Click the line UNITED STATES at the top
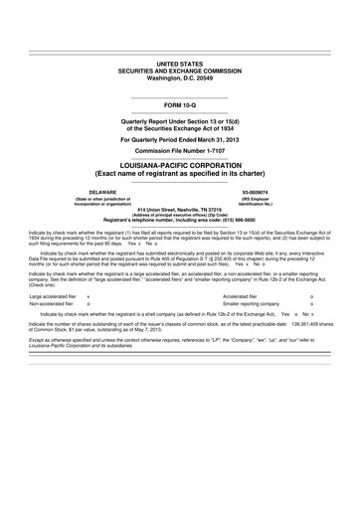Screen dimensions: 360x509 coord(180,62)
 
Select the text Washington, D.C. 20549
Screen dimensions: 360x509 coord(180,77)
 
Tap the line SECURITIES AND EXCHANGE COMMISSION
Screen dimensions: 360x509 coord(180,69)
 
